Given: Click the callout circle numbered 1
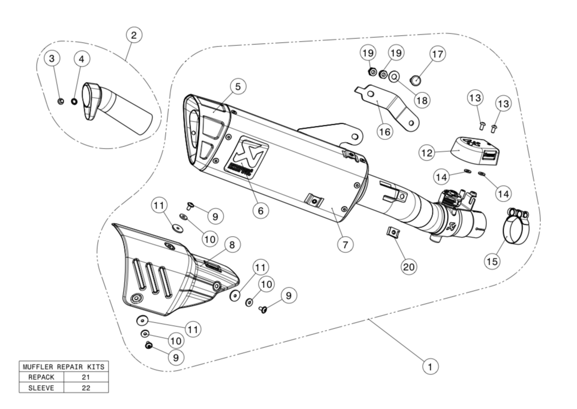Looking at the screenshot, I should click(430, 367).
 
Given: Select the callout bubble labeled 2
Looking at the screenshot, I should click(134, 36).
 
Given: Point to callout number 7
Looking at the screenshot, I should click(345, 244).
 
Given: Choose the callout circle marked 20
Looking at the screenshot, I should click(409, 266).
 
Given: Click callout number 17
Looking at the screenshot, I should click(437, 54).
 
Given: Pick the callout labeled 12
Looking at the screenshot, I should click(427, 153).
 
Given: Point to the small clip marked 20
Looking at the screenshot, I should click(393, 233).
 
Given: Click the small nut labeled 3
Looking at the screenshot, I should click(61, 100).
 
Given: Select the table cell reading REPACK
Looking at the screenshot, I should click(41, 377).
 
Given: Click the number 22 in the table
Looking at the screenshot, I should click(86, 387).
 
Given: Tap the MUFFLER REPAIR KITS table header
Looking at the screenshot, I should click(64, 366).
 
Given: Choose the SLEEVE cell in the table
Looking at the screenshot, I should click(41, 387).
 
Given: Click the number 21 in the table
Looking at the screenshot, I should click(86, 377).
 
